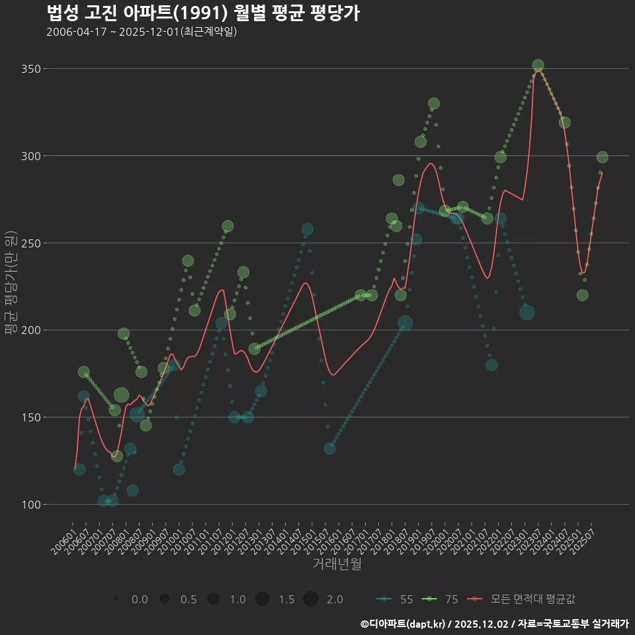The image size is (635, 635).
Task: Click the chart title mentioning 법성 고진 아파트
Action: coord(203,13)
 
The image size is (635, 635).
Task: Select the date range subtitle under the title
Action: coord(142,32)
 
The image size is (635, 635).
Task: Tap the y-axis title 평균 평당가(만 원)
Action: coord(11,284)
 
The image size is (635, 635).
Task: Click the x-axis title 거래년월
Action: coord(337,564)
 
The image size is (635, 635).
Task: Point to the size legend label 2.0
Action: coord(335,599)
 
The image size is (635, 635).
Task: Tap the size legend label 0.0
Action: coord(140,599)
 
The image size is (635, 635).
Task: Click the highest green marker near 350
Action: coord(538,65)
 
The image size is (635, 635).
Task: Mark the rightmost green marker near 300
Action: coord(602,157)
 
